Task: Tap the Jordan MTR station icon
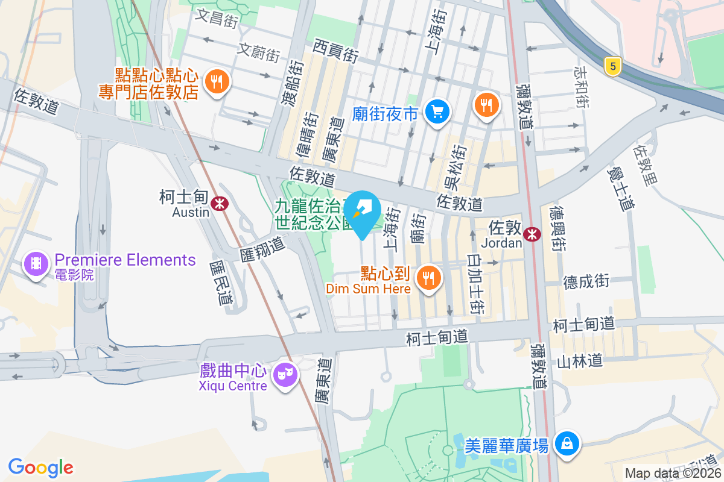(532, 234)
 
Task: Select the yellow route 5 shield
(612, 66)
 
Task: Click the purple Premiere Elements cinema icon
(36, 263)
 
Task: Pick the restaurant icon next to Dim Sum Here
(429, 278)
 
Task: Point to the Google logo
(40, 467)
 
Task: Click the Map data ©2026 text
(673, 473)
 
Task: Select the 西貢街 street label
(336, 51)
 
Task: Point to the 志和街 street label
(581, 87)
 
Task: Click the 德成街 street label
(586, 281)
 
